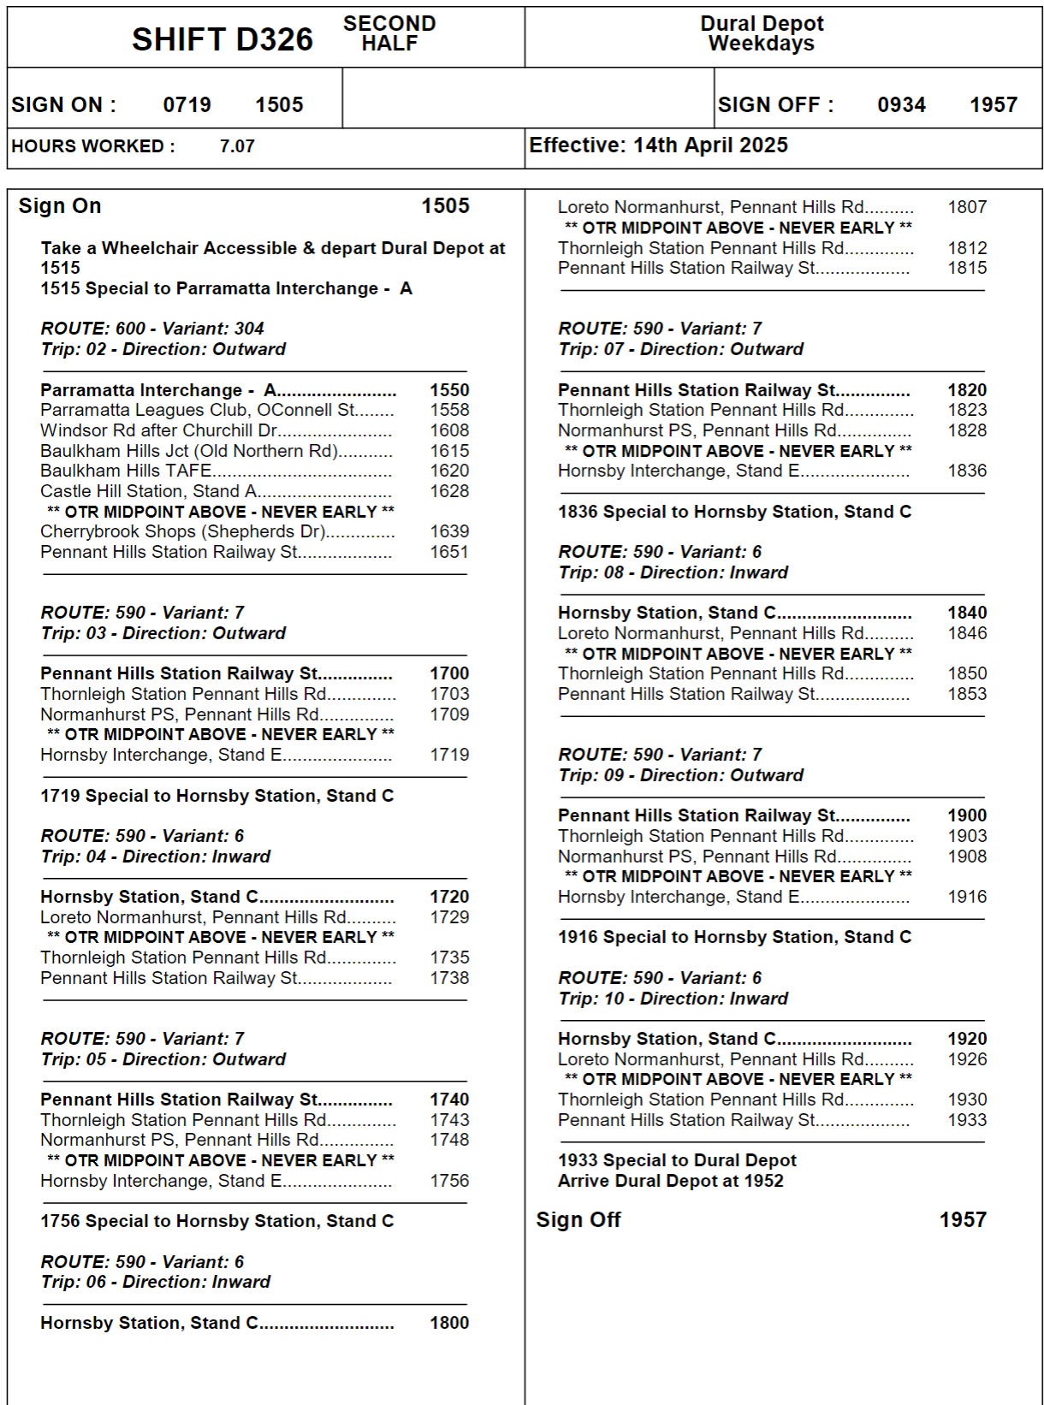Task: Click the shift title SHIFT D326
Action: pos(222,39)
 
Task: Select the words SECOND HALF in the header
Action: pos(389,33)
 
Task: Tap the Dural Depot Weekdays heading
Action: pos(762,33)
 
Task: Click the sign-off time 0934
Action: pos(901,105)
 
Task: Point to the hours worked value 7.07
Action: pos(237,146)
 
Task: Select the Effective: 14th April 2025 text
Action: pos(658,145)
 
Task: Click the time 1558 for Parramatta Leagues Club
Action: pos(449,410)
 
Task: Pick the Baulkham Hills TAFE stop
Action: pos(126,471)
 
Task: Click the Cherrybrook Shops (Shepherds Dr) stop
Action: pos(182,531)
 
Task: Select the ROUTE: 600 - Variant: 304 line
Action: pos(152,329)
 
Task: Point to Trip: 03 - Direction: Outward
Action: pos(163,633)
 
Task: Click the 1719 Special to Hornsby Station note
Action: pos(217,796)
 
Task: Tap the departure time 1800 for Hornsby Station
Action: pos(449,1323)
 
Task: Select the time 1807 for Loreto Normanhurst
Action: pos(967,207)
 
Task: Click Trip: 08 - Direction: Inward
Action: pos(673,572)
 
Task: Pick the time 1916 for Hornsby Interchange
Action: pos(967,897)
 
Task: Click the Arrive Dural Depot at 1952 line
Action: pos(670,1181)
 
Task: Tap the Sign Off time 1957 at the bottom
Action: pos(963,1220)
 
